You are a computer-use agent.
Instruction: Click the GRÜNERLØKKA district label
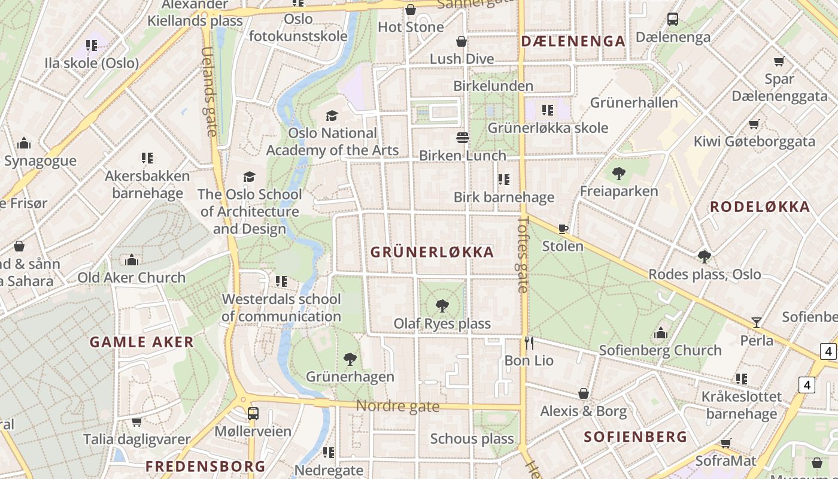pos(432,252)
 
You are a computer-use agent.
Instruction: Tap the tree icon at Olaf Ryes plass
pos(442,306)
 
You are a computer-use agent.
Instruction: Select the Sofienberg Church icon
pos(660,333)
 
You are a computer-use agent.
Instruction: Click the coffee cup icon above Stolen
pos(563,229)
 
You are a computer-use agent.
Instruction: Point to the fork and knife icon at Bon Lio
pos(529,342)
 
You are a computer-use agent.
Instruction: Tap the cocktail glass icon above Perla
pos(757,323)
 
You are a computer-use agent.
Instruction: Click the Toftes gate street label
pos(523,254)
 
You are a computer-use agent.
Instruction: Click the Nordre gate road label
pos(397,407)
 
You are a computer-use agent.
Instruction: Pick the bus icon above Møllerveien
pos(253,413)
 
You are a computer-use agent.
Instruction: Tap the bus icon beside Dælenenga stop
pos(673,19)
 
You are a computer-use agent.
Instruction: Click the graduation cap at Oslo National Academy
pos(332,116)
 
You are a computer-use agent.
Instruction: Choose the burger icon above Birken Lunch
pos(462,138)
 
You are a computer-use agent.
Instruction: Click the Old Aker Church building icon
pos(132,260)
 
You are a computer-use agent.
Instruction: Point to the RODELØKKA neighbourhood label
pos(760,207)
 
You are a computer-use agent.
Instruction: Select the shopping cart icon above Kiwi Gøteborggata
pos(754,124)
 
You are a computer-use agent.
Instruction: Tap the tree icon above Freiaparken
pos(619,174)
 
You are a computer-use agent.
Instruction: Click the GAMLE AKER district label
pos(142,342)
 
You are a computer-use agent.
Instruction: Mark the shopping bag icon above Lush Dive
pos(461,41)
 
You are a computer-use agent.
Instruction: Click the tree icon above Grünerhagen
pos(350,359)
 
